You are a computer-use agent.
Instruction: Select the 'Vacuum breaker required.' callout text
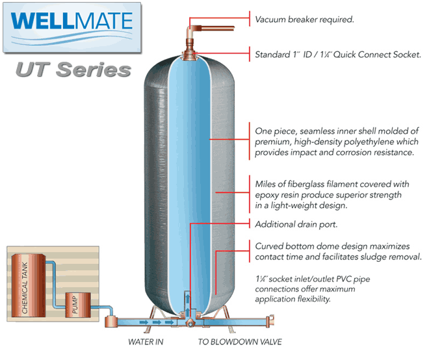(304, 19)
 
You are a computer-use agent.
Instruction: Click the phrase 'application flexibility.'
(293, 300)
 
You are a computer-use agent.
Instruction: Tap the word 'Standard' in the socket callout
(274, 55)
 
